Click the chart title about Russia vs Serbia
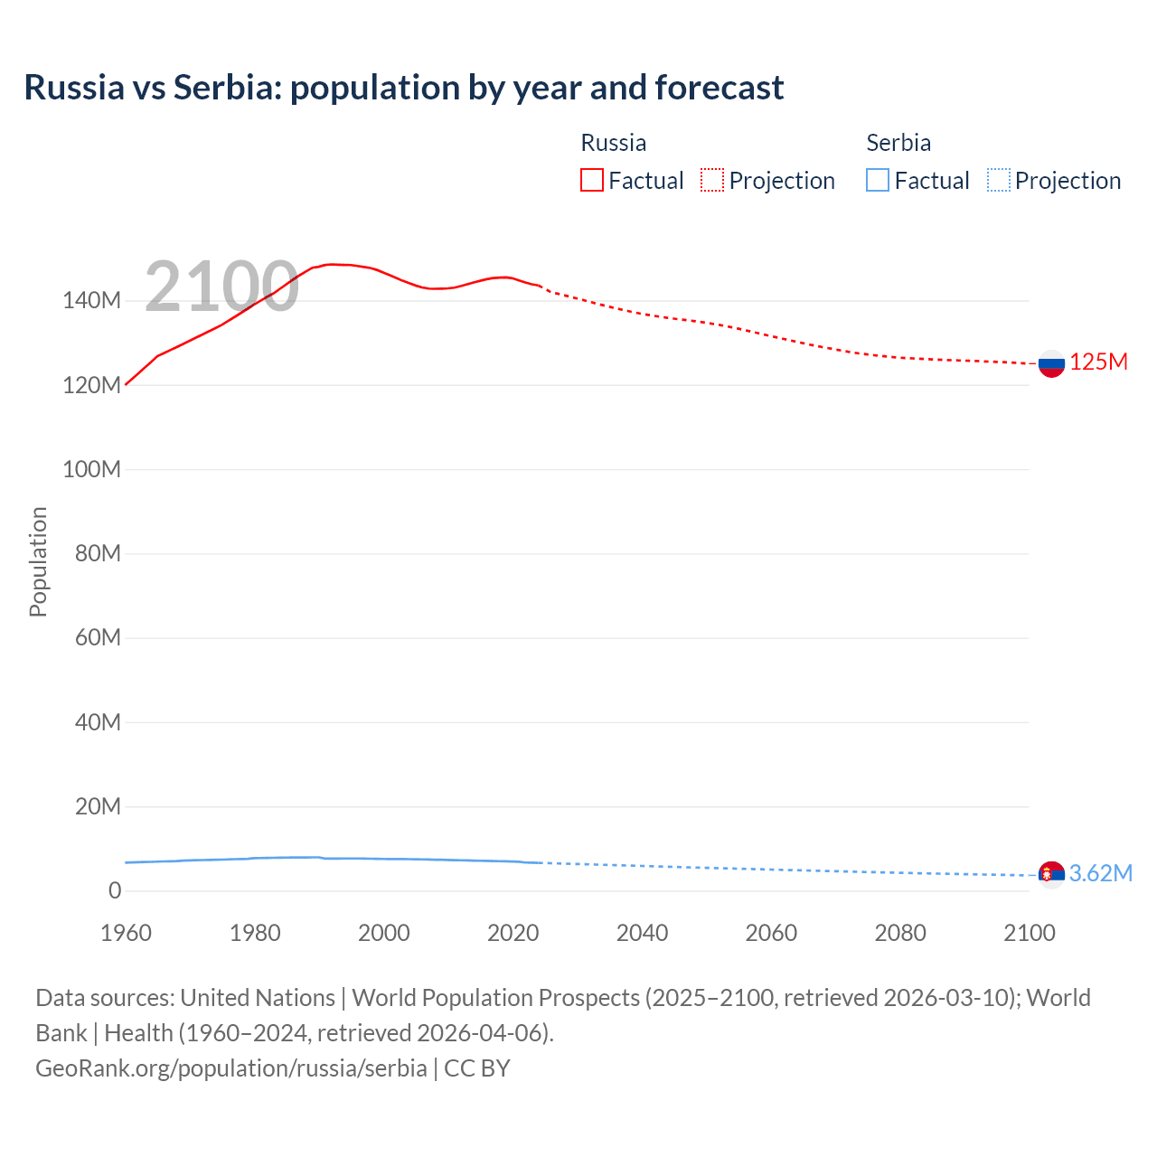click(403, 88)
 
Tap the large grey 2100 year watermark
click(221, 287)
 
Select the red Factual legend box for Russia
click(591, 180)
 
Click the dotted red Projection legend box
click(712, 180)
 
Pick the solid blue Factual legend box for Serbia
click(877, 180)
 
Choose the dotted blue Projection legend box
click(998, 180)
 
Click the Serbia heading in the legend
click(898, 143)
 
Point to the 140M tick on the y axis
click(91, 301)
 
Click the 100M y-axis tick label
click(91, 469)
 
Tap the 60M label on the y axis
click(97, 638)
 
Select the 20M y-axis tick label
click(97, 806)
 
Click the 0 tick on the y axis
click(115, 890)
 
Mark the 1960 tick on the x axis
click(126, 933)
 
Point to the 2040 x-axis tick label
click(642, 933)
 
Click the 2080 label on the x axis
click(900, 933)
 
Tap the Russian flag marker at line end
click(1050, 364)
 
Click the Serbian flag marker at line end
click(1050, 874)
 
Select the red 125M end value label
click(1098, 362)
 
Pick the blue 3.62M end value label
click(1100, 873)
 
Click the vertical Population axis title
click(38, 561)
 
